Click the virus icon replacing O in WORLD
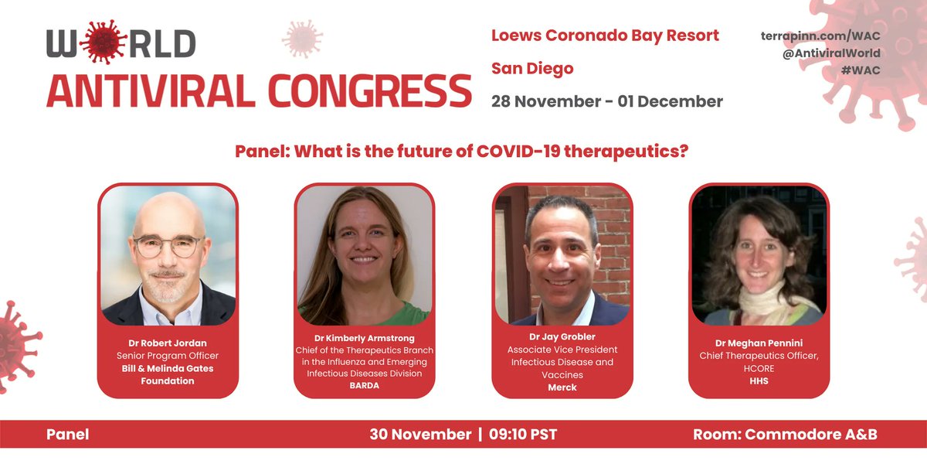pos(103,42)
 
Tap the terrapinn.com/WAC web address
pos(820,36)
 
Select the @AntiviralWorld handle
pos(831,53)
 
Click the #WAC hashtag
pos(861,70)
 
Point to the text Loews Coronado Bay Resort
pos(605,36)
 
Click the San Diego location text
pos(532,69)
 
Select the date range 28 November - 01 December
pos(606,101)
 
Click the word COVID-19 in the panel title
pos(518,152)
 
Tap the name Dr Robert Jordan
pos(168,343)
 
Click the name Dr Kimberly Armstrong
pos(364,339)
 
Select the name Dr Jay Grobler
pos(562,337)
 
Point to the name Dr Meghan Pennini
pos(759,343)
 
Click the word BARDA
pos(364,386)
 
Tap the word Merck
pos(562,387)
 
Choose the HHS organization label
pos(759,381)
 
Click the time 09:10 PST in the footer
pos(523,435)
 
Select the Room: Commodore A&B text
pos(785,435)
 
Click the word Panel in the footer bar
pos(67,435)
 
